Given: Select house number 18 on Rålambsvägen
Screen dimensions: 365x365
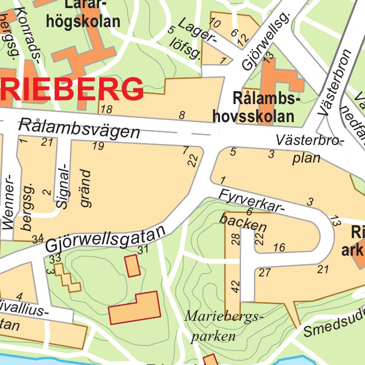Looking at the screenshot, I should [107, 110].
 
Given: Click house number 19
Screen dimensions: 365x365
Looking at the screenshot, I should [98, 146].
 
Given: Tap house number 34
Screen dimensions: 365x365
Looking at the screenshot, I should [38, 238].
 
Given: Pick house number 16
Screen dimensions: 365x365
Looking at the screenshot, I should [279, 247].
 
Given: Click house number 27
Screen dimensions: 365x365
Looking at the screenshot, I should [265, 272].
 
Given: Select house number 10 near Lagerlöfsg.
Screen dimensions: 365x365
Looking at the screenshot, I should [215, 23].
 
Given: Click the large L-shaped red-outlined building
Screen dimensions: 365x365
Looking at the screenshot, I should [134, 308].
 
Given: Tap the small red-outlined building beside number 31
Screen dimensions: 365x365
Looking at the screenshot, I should [133, 265].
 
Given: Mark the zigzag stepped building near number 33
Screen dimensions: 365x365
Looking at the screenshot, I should [67, 278].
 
